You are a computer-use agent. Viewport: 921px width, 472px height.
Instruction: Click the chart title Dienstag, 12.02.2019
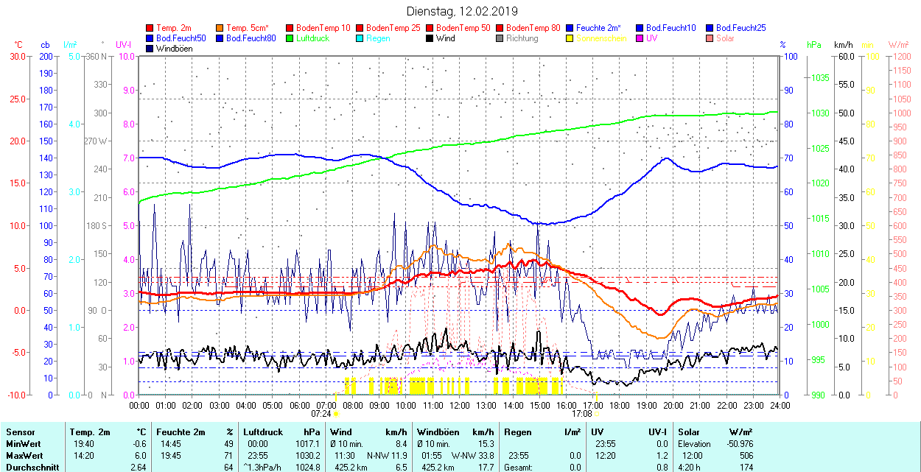462,11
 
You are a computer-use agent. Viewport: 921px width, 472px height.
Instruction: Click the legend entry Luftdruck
312,38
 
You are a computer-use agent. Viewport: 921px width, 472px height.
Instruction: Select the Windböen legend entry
175,49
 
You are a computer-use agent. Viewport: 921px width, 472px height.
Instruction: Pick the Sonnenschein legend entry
601,38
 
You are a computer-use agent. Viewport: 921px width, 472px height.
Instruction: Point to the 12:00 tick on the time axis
460,406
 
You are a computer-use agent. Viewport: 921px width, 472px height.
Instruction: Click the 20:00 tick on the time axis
673,406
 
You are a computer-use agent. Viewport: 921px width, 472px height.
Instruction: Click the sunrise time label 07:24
321,414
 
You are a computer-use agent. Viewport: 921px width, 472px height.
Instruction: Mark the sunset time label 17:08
581,414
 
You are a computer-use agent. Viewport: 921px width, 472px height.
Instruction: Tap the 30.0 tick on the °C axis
16,56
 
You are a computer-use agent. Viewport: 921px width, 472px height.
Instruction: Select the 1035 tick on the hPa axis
820,78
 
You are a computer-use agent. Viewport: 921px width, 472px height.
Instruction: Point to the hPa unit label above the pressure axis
813,45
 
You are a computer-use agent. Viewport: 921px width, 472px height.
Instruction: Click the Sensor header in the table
20,432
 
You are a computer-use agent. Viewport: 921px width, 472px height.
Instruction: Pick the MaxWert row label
24,455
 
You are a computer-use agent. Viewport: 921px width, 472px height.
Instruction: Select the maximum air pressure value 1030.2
308,455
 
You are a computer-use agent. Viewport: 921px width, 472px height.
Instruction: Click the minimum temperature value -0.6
139,444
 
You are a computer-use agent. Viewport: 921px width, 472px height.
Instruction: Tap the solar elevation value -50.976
736,444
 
